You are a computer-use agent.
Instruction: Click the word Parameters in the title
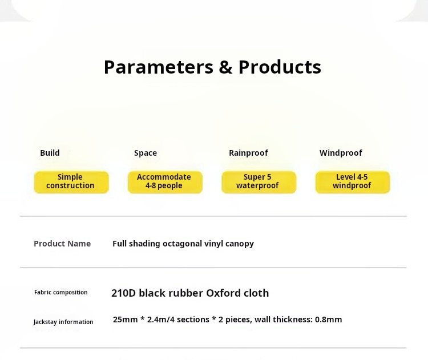click(159, 67)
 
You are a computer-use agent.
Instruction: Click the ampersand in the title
click(225, 67)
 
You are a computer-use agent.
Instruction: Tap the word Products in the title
click(280, 67)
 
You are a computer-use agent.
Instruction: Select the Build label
click(50, 153)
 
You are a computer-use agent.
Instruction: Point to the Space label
click(146, 153)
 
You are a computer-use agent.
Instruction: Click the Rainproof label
click(248, 153)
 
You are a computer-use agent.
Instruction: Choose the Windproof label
click(341, 153)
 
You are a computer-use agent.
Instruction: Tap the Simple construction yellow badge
click(71, 182)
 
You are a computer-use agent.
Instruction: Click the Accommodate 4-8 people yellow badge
click(165, 182)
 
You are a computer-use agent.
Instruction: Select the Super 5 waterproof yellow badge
click(259, 182)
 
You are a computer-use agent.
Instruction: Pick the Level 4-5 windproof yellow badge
click(353, 182)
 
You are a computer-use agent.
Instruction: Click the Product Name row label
click(62, 244)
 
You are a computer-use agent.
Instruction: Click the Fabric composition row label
click(61, 292)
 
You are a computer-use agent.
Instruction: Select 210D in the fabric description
click(123, 293)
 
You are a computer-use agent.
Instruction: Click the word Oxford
click(224, 293)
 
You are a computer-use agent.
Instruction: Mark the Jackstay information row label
click(63, 322)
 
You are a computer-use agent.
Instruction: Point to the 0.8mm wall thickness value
click(328, 319)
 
